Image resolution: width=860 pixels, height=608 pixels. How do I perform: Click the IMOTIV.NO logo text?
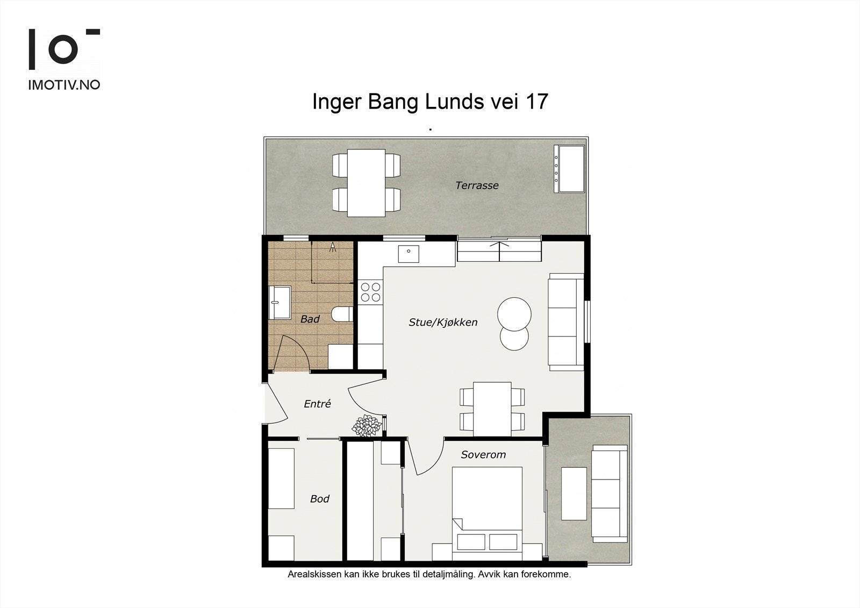(64, 85)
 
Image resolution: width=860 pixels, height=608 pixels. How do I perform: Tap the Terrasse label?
(477, 185)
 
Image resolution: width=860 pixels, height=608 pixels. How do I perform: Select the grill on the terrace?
(569, 169)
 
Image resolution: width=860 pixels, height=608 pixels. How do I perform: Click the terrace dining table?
(366, 183)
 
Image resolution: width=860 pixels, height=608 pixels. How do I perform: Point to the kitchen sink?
(408, 254)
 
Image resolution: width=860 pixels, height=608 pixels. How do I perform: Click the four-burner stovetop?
(370, 292)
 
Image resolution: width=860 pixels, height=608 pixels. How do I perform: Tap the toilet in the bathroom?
(342, 314)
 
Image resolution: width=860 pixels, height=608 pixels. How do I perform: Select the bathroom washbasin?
(279, 302)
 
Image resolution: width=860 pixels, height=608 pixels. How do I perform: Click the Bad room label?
(310, 319)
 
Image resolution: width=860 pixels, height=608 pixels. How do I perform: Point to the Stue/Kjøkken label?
(443, 322)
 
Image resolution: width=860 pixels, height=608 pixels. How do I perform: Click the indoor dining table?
(492, 409)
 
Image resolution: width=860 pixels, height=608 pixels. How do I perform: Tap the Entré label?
(317, 404)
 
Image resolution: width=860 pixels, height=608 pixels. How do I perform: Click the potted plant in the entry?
(367, 426)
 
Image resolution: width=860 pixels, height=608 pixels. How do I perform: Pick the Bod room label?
(319, 499)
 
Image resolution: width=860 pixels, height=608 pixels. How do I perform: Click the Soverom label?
(483, 455)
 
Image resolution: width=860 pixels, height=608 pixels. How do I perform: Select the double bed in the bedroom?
(487, 513)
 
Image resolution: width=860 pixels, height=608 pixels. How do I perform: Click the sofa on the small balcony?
(610, 493)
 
